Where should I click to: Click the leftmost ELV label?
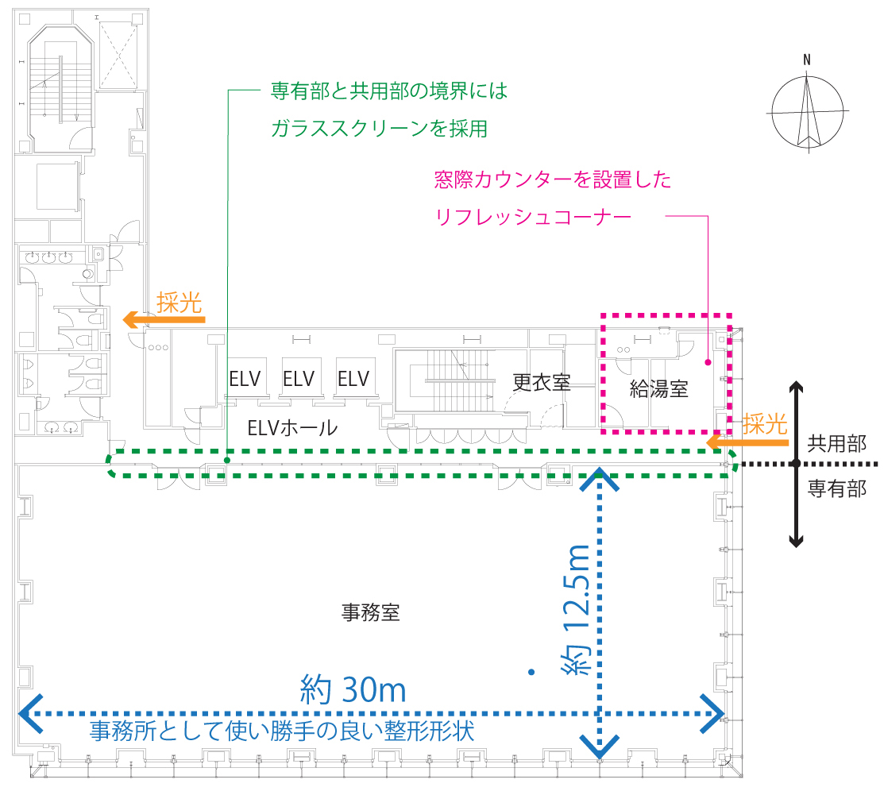tap(245, 378)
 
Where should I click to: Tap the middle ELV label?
tap(299, 378)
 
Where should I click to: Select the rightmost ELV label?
tap(353, 378)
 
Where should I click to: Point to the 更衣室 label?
tap(541, 382)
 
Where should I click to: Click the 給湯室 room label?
tap(658, 389)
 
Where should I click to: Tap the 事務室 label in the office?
tap(370, 612)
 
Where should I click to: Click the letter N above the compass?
tap(807, 60)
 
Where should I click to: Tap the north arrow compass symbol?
tap(807, 111)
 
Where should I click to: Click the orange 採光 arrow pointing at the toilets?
tap(163, 320)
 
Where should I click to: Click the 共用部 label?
tap(836, 444)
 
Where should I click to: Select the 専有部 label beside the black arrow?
tap(836, 488)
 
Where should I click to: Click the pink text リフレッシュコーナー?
tap(534, 215)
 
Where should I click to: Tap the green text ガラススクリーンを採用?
tap(379, 128)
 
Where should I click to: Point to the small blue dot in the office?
tap(531, 673)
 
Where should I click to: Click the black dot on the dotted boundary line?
tap(794, 464)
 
